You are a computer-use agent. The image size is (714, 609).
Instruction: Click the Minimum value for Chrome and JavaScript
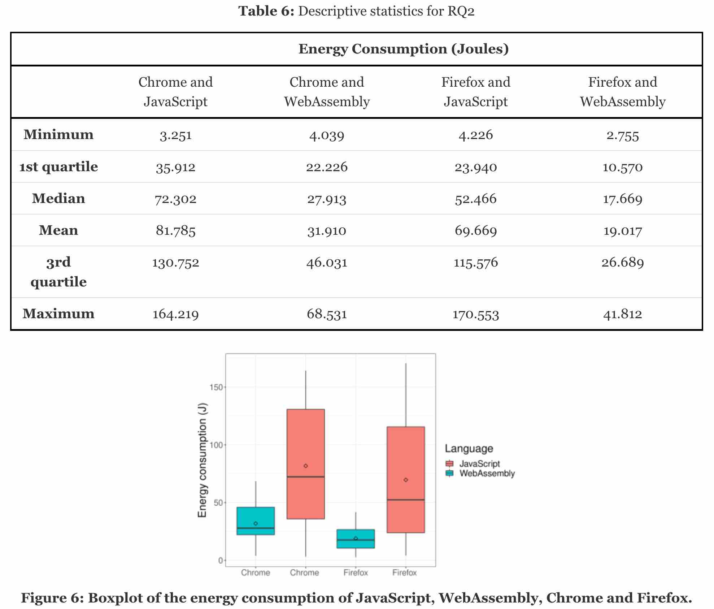(175, 135)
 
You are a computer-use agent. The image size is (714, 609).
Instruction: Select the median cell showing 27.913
(327, 199)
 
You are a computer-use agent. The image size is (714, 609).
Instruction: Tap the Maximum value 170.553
(475, 314)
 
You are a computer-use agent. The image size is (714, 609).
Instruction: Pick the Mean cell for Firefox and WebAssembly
(622, 231)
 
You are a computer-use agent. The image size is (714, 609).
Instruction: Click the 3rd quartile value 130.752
(175, 263)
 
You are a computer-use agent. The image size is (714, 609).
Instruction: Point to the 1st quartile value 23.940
(475, 167)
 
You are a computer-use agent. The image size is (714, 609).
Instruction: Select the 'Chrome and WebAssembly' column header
(327, 92)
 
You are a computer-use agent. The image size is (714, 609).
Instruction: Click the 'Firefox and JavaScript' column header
(475, 92)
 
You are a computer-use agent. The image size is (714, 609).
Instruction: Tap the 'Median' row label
(58, 199)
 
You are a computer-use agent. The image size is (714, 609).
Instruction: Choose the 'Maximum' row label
(58, 314)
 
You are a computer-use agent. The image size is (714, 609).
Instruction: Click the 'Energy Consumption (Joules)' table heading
(403, 49)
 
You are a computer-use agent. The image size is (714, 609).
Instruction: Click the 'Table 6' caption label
(266, 11)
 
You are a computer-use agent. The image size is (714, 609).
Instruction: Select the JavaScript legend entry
(479, 463)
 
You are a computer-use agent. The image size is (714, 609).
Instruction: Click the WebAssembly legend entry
(486, 473)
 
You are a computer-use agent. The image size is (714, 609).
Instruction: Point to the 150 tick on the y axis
(216, 387)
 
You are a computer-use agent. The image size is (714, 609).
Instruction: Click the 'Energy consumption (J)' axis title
(203, 460)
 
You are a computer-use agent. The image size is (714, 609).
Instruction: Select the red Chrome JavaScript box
(305, 444)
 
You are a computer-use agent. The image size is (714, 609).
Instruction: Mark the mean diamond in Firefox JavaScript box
(406, 480)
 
